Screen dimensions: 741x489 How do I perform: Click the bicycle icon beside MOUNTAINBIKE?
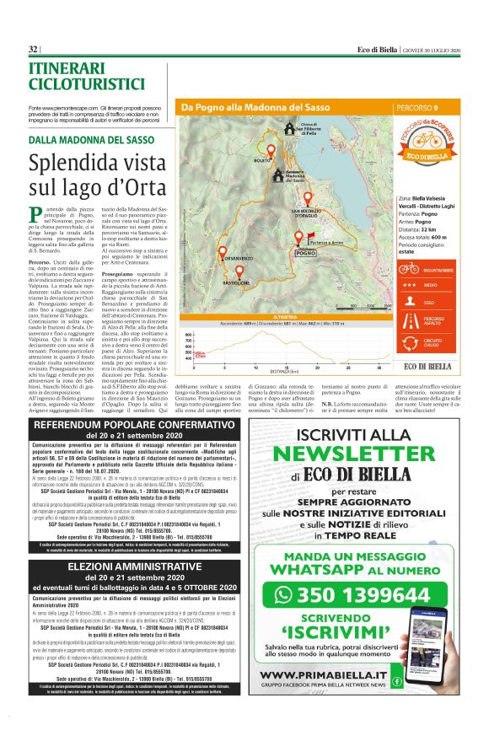click(x=409, y=268)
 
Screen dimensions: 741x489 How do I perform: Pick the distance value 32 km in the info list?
click(x=429, y=228)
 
